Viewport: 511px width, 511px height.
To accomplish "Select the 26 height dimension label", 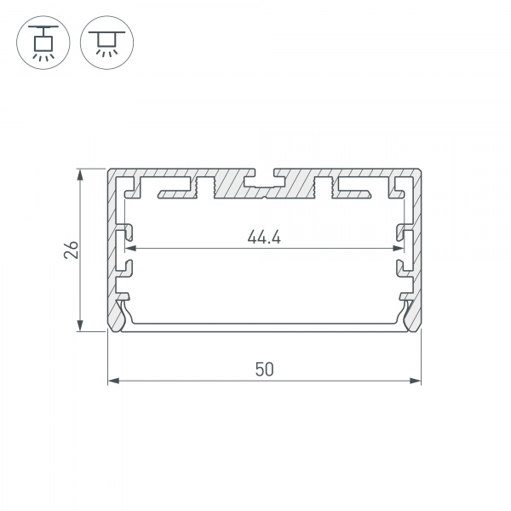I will tap(72, 250).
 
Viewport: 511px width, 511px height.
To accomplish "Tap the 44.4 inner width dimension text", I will tap(265, 238).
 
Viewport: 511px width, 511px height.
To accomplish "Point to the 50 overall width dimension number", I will tap(265, 369).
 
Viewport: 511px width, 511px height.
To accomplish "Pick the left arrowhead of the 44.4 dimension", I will tap(130, 249).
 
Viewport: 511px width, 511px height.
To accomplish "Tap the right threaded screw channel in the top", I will tap(323, 186).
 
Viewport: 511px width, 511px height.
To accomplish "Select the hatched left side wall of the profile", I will tap(112, 247).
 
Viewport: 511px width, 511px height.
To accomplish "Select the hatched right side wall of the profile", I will tap(417, 247).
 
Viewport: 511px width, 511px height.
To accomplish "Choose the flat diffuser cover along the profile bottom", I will tap(265, 327).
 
